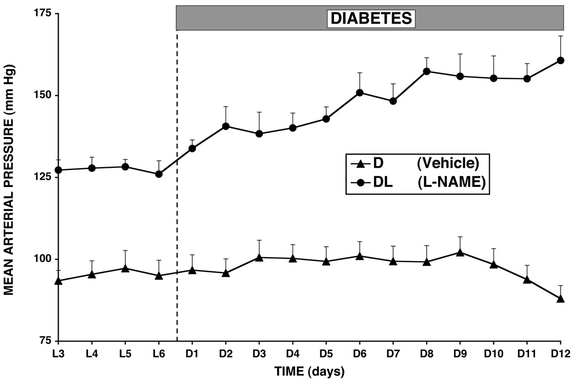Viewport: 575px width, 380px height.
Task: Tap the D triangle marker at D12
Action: click(560, 298)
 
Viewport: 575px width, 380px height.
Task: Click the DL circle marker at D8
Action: click(427, 71)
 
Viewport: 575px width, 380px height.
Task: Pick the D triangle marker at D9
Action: click(460, 252)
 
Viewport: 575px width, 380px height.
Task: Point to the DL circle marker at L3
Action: click(59, 170)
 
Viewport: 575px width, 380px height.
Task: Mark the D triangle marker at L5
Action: click(125, 268)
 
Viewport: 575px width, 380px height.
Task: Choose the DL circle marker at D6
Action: click(360, 92)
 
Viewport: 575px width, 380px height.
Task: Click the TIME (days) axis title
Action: click(309, 372)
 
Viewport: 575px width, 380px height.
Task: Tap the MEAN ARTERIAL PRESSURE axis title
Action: click(10, 178)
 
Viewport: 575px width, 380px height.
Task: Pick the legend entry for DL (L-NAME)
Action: click(416, 184)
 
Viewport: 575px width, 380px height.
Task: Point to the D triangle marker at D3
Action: click(259, 257)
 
